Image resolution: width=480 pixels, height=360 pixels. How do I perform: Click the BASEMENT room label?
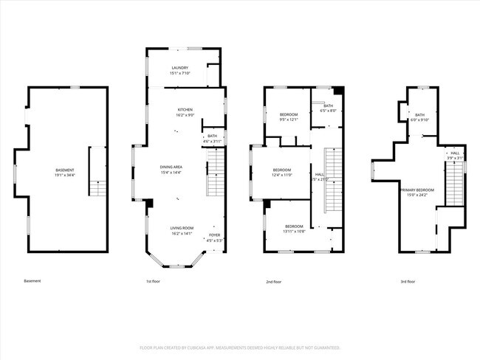point(64,170)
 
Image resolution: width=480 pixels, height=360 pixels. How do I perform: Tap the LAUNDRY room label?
point(180,68)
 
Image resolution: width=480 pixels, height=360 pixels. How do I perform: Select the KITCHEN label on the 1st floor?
point(185,110)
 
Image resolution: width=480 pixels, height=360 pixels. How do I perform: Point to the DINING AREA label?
point(171,167)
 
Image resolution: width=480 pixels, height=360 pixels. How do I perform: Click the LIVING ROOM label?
point(181,228)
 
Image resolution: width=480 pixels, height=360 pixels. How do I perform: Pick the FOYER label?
point(214,235)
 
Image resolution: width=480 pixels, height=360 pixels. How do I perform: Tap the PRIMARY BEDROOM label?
point(417,190)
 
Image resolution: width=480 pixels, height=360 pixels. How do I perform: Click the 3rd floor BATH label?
point(419,115)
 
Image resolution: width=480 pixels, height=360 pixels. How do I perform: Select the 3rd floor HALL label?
point(455,153)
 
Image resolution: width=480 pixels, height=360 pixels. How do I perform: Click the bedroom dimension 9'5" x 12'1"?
point(289,120)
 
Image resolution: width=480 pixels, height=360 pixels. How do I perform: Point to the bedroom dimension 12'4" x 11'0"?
point(282,176)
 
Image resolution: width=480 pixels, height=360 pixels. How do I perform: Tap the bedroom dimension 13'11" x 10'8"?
point(294,231)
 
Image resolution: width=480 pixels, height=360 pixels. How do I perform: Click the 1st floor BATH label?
point(212,136)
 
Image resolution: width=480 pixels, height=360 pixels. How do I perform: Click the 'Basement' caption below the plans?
point(32,281)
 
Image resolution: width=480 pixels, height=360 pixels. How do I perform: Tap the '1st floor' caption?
point(153,281)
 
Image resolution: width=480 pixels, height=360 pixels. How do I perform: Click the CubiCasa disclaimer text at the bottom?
point(239,347)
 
